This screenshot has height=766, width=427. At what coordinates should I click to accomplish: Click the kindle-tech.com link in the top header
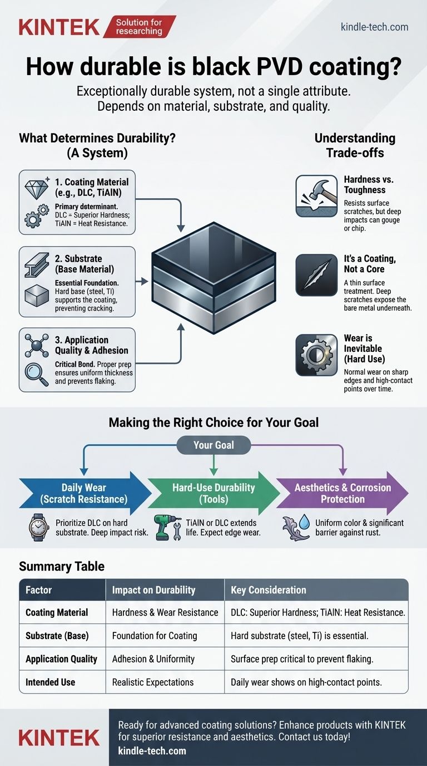point(374,27)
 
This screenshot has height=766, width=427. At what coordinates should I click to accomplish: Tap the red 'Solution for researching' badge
point(139,27)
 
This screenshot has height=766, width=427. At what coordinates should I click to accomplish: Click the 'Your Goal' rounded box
point(213,445)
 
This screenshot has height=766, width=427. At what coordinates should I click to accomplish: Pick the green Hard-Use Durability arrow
point(214,493)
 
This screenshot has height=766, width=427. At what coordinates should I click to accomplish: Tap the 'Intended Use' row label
point(50,682)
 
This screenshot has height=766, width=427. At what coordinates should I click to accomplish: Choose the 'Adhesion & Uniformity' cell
point(153,659)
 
